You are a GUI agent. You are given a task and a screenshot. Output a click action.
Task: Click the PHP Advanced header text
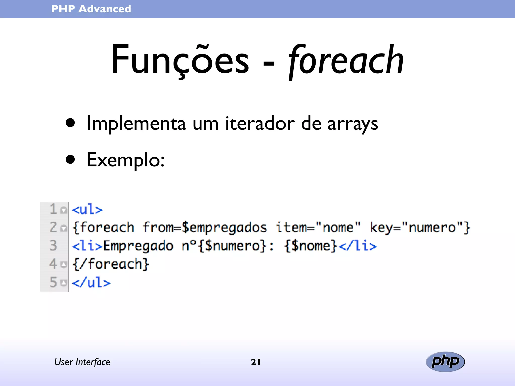point(91,9)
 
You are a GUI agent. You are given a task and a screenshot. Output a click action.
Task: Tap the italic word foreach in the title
point(346,60)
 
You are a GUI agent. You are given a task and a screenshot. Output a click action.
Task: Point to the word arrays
point(353,124)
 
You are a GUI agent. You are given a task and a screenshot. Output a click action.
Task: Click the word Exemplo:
point(125,160)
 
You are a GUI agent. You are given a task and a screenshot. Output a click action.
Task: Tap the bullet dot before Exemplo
point(70,159)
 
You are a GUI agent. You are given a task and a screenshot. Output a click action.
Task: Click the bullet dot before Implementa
point(70,123)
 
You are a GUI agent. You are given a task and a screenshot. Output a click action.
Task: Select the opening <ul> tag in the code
point(87,209)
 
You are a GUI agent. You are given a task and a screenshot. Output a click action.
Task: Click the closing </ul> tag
point(91,282)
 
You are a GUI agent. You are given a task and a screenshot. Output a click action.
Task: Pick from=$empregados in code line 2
point(205,227)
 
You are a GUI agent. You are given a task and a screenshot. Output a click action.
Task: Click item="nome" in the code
point(318,227)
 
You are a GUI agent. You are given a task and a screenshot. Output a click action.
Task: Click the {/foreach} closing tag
point(111,264)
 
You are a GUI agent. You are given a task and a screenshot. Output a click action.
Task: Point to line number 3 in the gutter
point(53,246)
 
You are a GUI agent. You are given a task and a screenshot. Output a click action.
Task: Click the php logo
point(445,362)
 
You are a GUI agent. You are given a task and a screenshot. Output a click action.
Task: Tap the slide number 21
point(256,362)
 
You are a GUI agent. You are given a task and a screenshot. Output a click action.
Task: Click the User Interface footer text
point(82,362)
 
